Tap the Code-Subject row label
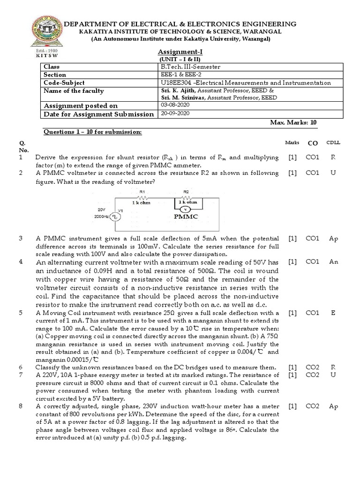click(x=64, y=82)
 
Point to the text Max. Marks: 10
click(x=293, y=122)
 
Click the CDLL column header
click(x=333, y=142)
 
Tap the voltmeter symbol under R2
click(x=186, y=208)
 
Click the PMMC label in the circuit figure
click(x=186, y=217)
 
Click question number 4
click(x=21, y=262)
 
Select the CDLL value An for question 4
click(x=333, y=262)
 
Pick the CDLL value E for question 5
click(x=333, y=312)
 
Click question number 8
click(x=21, y=406)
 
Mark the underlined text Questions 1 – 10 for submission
click(x=92, y=132)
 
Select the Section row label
click(x=55, y=75)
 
